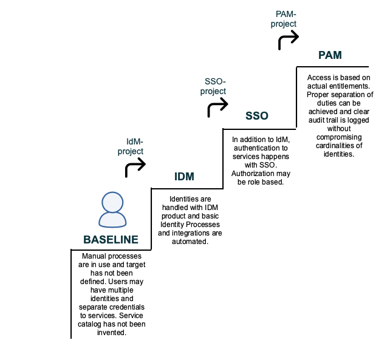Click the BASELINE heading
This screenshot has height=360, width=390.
(111, 240)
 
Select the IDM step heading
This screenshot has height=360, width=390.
(184, 177)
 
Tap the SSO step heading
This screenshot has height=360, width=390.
(257, 116)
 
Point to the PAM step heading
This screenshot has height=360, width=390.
(330, 55)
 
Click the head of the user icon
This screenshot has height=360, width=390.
(112, 202)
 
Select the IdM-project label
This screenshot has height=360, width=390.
(131, 146)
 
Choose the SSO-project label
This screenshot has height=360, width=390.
(213, 86)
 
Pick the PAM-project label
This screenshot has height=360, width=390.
(284, 19)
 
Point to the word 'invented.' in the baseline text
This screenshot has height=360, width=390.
(112, 333)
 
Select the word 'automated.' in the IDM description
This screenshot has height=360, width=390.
(190, 242)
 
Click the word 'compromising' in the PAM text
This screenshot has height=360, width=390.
(339, 137)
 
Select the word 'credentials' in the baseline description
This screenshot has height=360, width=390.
(128, 307)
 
